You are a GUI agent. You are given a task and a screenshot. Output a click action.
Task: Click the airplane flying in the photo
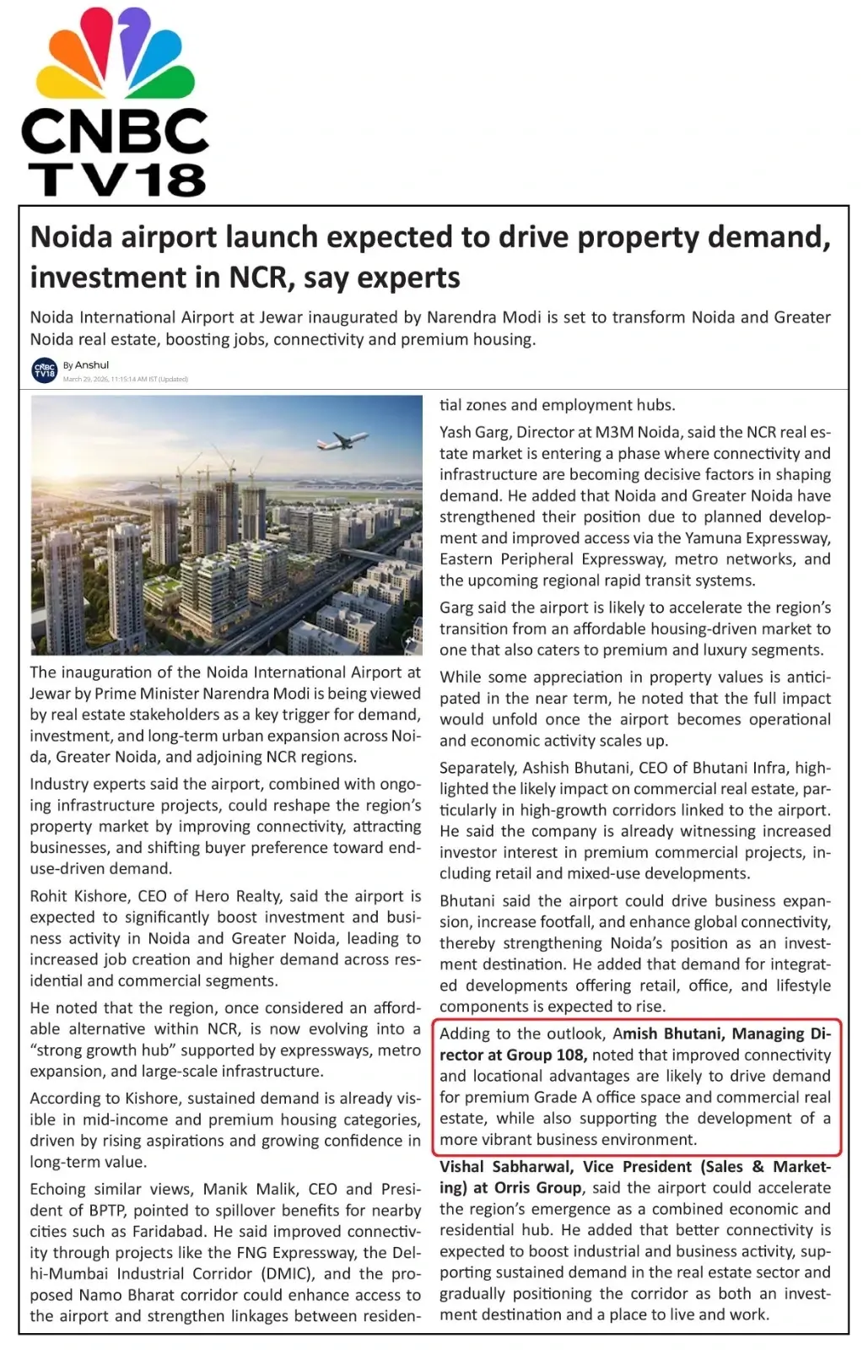click(x=342, y=440)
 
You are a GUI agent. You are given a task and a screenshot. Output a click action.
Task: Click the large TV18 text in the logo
click(x=117, y=180)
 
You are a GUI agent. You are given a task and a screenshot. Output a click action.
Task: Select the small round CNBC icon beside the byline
click(x=45, y=370)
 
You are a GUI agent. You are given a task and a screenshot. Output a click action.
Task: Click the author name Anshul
click(x=92, y=365)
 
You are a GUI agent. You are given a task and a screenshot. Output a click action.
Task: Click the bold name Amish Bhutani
click(x=666, y=1034)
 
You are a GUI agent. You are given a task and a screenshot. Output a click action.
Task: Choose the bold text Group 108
click(x=546, y=1055)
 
